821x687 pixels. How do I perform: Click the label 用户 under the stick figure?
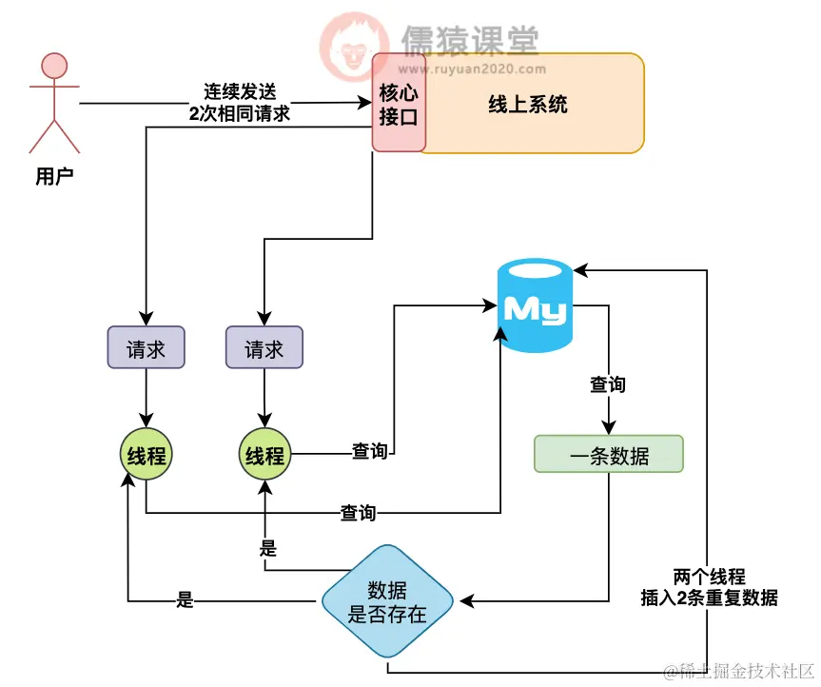coord(54,176)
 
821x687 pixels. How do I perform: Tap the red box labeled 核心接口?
coord(398,102)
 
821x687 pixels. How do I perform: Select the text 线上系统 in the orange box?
coord(528,104)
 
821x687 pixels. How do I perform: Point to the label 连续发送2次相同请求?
coord(240,102)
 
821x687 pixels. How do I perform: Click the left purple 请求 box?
coord(146,349)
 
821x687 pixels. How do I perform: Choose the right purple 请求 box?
coord(264,349)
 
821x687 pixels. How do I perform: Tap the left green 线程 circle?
coord(146,455)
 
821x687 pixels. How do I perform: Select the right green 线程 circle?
coord(264,455)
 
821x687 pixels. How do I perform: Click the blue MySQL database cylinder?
coord(536,308)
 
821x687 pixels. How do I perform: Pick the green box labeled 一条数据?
coord(609,456)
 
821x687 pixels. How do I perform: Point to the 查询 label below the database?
coord(608,384)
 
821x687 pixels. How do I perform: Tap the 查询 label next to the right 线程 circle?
coord(369,452)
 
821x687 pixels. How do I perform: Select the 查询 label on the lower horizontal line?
coord(358,514)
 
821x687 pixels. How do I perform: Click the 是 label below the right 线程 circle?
coord(268,548)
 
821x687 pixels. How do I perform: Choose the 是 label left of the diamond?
coord(186,600)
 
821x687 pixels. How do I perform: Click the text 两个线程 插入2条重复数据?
coord(709,588)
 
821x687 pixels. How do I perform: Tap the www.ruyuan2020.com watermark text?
coord(471,69)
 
